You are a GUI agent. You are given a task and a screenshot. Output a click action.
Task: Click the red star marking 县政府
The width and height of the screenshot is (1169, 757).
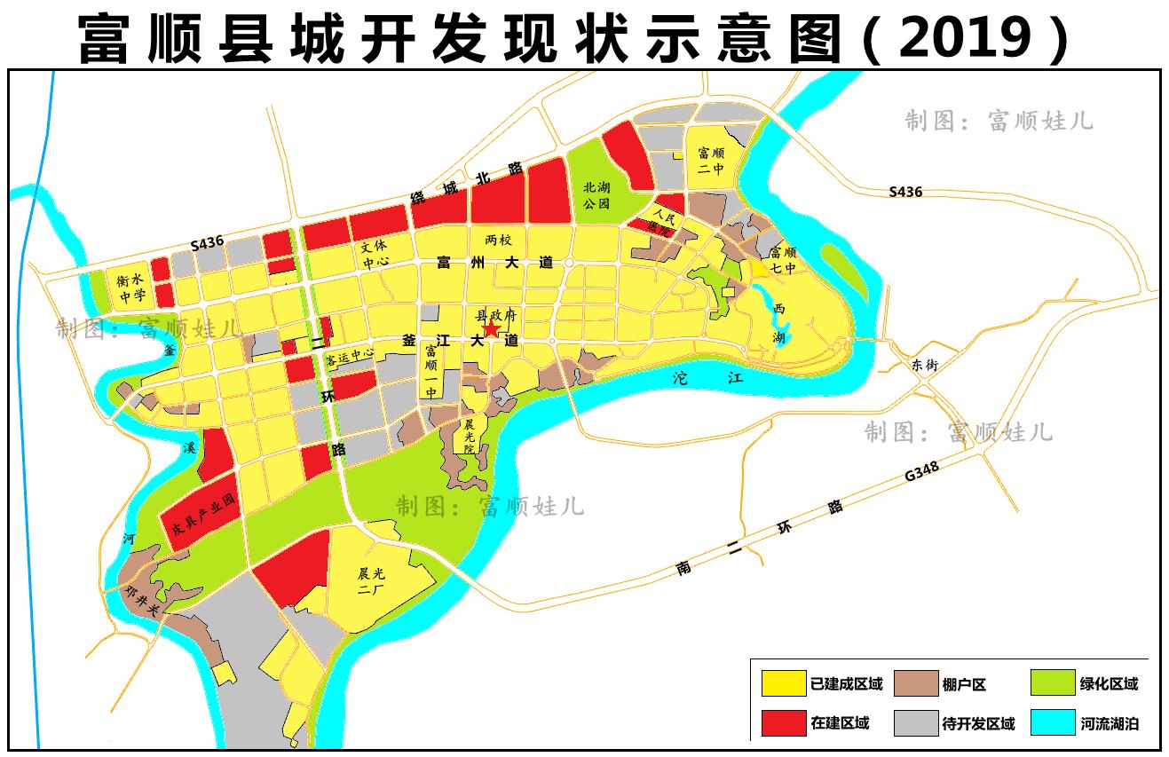click(490, 329)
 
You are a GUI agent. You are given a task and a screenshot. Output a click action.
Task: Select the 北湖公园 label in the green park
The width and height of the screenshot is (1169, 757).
click(596, 195)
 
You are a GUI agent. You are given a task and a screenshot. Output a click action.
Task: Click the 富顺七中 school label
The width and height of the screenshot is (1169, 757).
click(783, 259)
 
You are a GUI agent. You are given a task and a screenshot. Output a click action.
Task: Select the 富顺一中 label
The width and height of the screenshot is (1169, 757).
click(431, 371)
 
